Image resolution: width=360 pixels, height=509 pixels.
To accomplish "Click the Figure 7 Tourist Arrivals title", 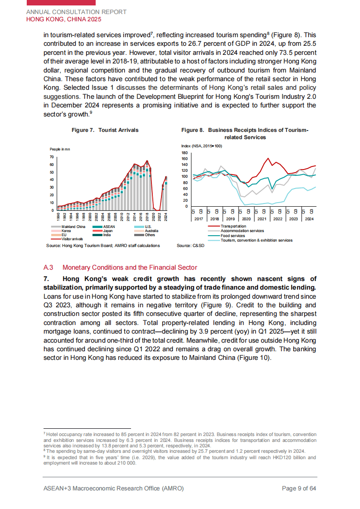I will (x=105, y=130).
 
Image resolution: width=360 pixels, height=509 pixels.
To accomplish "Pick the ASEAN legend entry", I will (x=109, y=227).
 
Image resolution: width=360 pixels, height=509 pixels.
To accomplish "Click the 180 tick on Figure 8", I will (x=185, y=153).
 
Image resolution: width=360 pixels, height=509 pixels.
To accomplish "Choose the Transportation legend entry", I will (x=233, y=226).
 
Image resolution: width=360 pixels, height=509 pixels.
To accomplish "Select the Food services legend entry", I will (x=233, y=236).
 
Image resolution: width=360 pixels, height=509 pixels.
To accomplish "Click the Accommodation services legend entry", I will (x=242, y=231).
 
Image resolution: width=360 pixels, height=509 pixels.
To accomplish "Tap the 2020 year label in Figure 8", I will (x=246, y=219).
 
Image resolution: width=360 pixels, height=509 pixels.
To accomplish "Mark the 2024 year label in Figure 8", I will (x=309, y=219).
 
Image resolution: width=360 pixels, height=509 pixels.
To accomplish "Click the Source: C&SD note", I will (x=190, y=246).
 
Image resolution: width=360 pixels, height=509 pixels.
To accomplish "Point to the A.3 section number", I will (x=48, y=268).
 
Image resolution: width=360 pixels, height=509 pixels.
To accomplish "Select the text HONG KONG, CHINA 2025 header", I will (x=63, y=19).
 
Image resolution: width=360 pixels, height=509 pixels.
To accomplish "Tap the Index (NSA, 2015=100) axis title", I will (x=202, y=146).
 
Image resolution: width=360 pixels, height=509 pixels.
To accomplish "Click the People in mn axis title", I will (x=60, y=149).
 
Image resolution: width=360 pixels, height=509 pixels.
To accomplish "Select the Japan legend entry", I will (x=108, y=231).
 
